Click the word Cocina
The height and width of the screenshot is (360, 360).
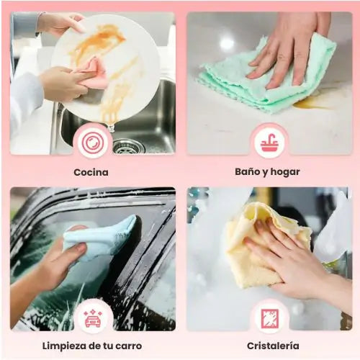click(x=91, y=172)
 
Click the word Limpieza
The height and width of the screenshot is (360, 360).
click(x=64, y=346)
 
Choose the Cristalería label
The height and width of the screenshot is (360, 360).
click(x=273, y=346)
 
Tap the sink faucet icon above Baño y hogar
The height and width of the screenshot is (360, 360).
click(x=269, y=143)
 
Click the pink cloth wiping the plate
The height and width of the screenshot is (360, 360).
click(x=92, y=73)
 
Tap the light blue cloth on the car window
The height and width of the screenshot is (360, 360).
click(x=101, y=238)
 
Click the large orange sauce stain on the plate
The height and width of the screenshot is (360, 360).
click(x=99, y=41)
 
